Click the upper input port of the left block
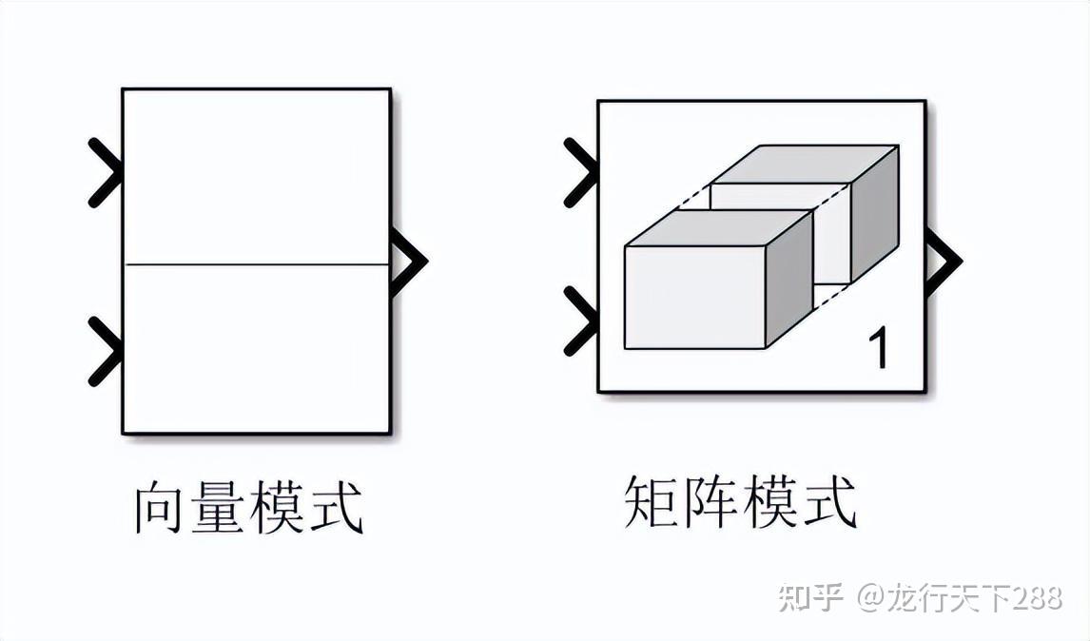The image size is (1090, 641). [106, 172]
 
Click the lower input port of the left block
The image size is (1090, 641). [106, 351]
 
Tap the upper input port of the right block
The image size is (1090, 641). [581, 172]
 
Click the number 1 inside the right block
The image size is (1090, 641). [881, 349]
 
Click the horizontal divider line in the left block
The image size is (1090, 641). [257, 264]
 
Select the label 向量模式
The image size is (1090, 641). [248, 509]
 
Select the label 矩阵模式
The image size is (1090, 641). [740, 501]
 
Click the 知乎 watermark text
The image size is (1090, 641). [810, 597]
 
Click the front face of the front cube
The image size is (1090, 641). [695, 297]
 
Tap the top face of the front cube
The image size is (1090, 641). [718, 228]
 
